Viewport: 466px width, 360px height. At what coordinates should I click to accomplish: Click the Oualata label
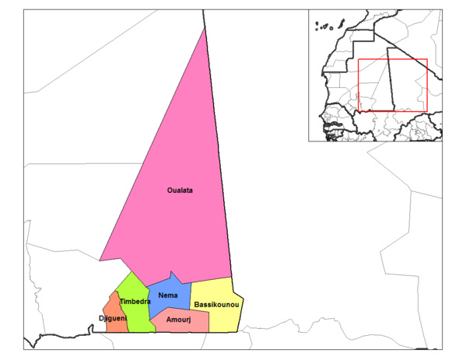click(x=180, y=190)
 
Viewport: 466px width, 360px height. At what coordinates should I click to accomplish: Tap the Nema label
click(x=167, y=295)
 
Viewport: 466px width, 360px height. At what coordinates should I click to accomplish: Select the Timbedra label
click(x=135, y=301)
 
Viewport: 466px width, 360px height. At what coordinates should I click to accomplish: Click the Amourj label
click(x=180, y=320)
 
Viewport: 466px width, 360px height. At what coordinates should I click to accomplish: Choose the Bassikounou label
click(x=215, y=304)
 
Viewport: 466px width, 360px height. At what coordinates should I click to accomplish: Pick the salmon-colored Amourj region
click(x=191, y=323)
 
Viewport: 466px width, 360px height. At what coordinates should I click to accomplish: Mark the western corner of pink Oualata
click(x=100, y=260)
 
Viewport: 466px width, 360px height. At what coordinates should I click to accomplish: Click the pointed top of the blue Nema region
click(x=174, y=272)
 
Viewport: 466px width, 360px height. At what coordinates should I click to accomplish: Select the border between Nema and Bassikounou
click(x=191, y=294)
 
